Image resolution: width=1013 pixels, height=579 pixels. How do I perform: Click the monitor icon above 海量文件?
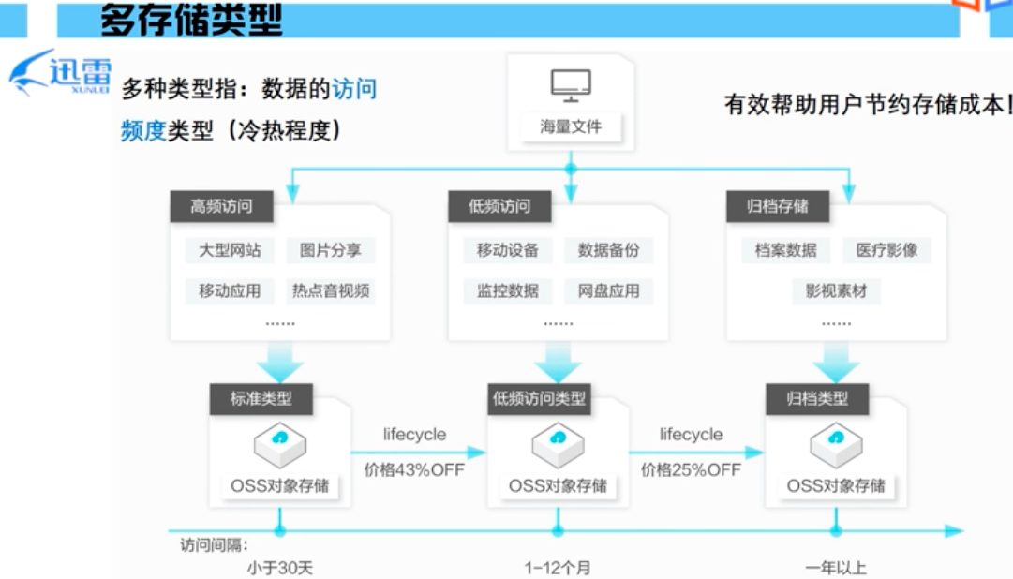[571, 86]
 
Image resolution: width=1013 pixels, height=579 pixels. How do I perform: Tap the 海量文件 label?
[571, 126]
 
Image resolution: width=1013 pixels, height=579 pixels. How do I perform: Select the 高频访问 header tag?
[221, 207]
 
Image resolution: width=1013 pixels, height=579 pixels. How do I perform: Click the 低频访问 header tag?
[499, 207]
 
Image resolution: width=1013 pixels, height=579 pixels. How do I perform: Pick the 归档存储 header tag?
[778, 207]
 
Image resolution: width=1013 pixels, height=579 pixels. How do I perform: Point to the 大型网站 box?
[230, 250]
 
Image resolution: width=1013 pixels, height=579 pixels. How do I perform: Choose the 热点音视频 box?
[331, 290]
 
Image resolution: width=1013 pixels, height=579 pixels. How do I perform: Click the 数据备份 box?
[609, 250]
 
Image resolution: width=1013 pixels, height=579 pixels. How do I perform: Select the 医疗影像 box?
[887, 250]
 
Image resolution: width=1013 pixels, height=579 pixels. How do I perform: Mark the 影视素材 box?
[837, 290]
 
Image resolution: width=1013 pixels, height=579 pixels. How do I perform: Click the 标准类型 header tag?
[261, 398]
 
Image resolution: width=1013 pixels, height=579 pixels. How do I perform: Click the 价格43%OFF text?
[414, 469]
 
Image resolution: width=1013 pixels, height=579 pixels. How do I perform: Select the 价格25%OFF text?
[691, 469]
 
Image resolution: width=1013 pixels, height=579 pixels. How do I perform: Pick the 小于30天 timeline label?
[280, 568]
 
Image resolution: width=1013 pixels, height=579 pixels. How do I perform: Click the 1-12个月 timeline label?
[558, 568]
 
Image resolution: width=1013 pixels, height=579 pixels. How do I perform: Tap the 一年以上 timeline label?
[836, 568]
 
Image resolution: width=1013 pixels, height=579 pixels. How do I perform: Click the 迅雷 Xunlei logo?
[61, 73]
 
